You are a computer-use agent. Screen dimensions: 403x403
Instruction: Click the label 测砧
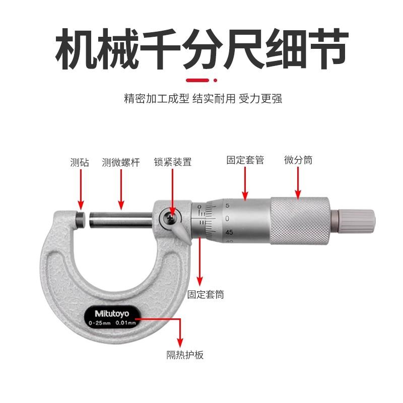tap(79, 162)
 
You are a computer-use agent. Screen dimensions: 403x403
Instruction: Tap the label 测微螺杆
tap(120, 162)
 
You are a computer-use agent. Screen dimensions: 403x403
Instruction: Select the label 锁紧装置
tap(172, 162)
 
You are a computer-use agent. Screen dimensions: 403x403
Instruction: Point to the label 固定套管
tap(245, 160)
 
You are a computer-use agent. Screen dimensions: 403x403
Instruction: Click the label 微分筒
tap(298, 160)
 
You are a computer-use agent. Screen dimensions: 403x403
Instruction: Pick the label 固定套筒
tap(205, 295)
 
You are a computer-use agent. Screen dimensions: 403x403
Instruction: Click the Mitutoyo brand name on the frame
tap(109, 312)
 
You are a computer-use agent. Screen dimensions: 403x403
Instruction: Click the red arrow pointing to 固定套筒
tap(200, 262)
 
